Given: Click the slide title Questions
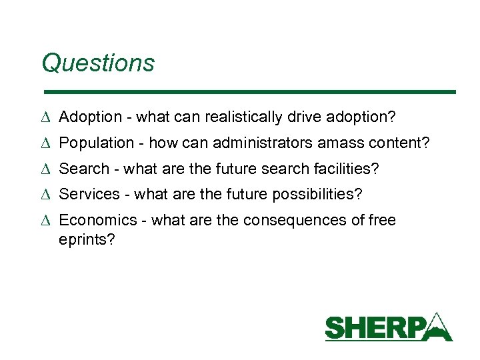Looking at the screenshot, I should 97,63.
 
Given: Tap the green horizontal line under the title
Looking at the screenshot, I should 248,91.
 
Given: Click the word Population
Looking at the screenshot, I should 96,143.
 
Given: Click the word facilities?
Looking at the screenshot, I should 346,169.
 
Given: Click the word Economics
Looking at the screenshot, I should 99,221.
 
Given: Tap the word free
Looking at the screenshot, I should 382,221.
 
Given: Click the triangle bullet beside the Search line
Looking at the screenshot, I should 45,169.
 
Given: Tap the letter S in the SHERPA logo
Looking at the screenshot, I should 335,329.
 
